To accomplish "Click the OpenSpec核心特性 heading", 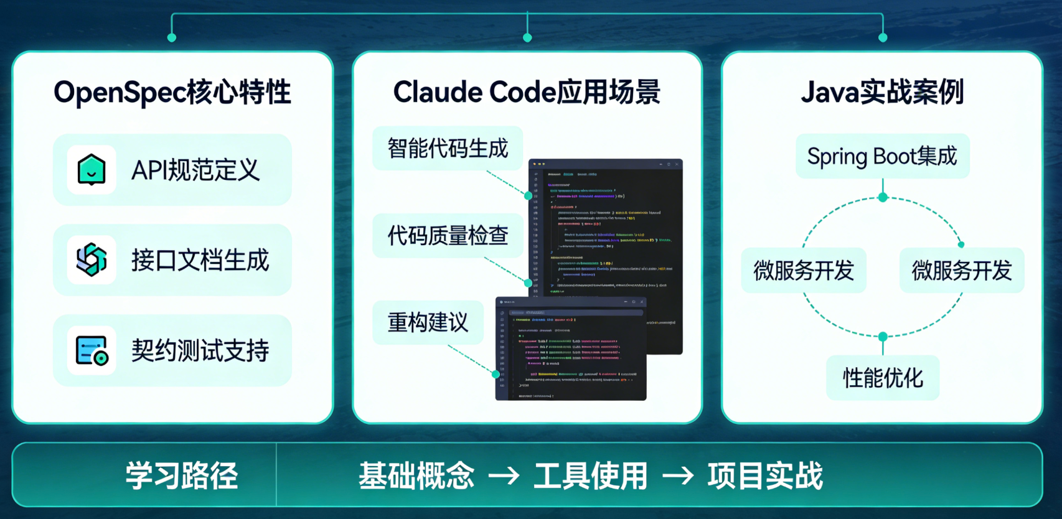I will (x=172, y=92).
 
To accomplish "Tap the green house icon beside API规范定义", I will (x=92, y=170).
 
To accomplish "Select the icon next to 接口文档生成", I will (x=92, y=259).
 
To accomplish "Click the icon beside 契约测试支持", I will (x=92, y=350).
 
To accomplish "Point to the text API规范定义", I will (x=195, y=170).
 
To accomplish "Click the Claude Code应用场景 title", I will (x=527, y=92).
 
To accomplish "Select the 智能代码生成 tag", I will (x=448, y=149).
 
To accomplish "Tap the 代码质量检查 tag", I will (x=448, y=236).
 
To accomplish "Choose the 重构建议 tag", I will (x=428, y=322).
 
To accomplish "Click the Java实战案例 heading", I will (x=882, y=92).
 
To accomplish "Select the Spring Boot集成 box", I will (x=882, y=156).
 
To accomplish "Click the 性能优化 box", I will (x=883, y=378).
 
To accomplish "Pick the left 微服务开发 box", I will (x=804, y=271).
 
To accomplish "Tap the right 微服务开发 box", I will (x=962, y=271).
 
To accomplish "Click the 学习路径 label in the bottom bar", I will (x=182, y=475).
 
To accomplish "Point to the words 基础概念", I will (x=416, y=475).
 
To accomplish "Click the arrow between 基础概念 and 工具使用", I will (x=504, y=476).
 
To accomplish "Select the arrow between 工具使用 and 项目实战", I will (x=678, y=476).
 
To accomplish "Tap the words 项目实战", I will (x=765, y=475).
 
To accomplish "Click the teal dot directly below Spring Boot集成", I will (x=883, y=197).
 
